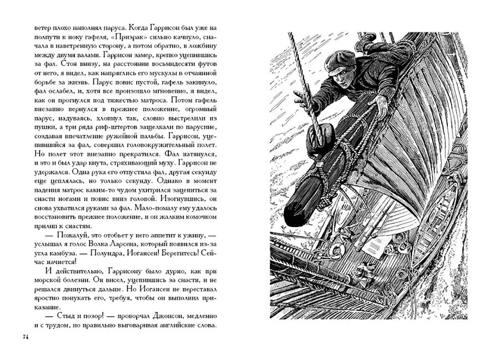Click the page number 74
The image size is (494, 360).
click(25, 338)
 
